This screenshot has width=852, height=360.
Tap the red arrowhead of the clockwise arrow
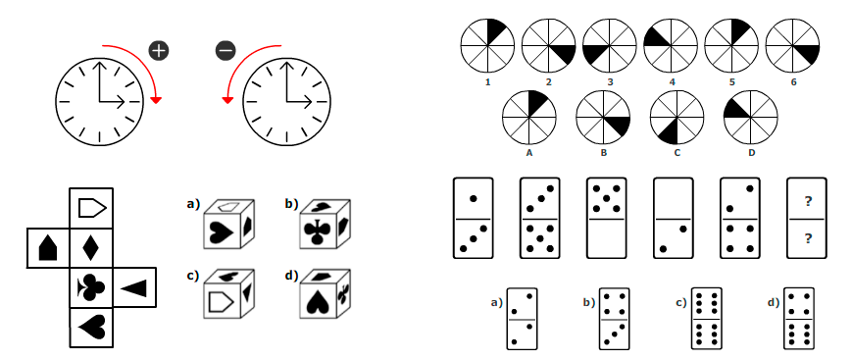(x=156, y=100)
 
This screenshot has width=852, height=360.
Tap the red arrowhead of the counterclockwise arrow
(x=227, y=100)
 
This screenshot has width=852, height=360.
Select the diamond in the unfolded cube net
(x=89, y=246)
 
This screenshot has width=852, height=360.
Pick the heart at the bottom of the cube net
(x=89, y=327)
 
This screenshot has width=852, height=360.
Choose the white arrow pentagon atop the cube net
(x=89, y=207)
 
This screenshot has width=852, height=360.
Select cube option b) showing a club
(x=323, y=227)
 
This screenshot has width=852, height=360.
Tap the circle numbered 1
(x=487, y=44)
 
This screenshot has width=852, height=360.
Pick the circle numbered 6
(x=792, y=44)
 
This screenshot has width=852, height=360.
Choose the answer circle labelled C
(x=677, y=117)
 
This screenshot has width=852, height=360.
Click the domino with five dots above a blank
(x=607, y=218)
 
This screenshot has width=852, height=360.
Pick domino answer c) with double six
(x=706, y=318)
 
